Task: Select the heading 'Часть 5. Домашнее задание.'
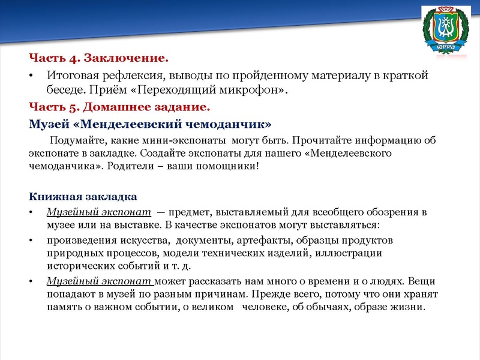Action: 120,108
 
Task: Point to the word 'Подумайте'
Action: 76,142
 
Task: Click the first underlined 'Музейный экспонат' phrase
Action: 98,212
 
